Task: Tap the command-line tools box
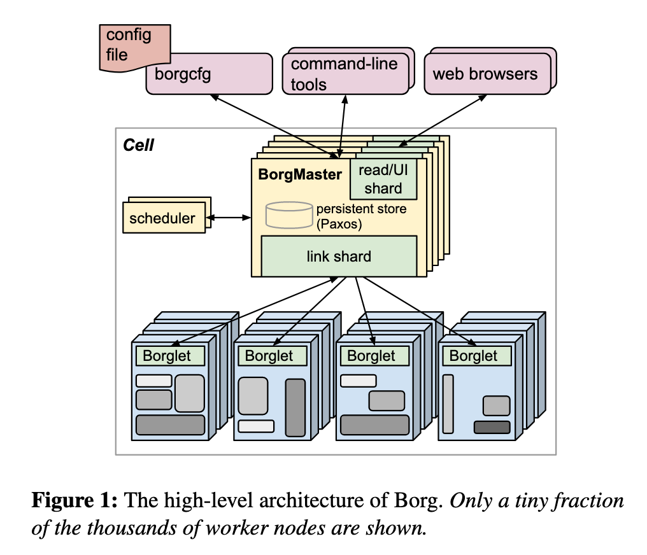345,73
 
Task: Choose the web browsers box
485,73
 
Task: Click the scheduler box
162,218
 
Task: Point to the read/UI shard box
383,179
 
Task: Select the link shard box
339,256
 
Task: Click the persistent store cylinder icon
288,215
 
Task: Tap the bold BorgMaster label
300,174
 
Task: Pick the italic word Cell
138,145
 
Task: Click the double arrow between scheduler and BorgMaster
229,218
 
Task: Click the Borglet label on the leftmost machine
167,356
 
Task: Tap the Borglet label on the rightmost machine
474,356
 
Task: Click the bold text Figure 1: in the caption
75,501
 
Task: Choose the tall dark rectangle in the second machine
295,407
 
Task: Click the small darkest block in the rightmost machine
492,427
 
